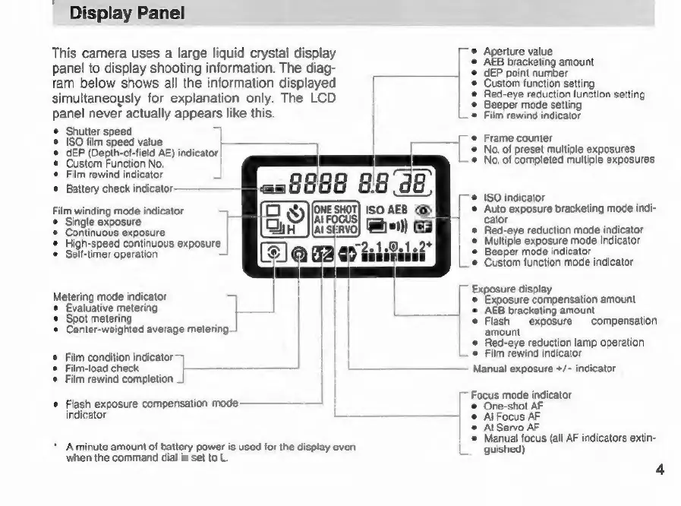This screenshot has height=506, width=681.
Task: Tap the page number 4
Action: [x=660, y=469]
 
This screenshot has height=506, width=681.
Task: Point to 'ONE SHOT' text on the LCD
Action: [x=336, y=208]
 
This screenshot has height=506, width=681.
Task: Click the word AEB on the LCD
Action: [x=399, y=209]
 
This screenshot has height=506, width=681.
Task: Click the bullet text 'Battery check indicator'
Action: [x=120, y=188]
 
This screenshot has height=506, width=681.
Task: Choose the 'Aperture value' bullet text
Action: [x=518, y=52]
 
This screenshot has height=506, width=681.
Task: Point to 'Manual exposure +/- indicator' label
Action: [x=544, y=368]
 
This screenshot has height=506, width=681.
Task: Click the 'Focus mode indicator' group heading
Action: [x=521, y=395]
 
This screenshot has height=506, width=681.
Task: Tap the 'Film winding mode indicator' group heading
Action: [x=118, y=210]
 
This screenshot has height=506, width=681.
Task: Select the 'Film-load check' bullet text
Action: [x=102, y=368]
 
